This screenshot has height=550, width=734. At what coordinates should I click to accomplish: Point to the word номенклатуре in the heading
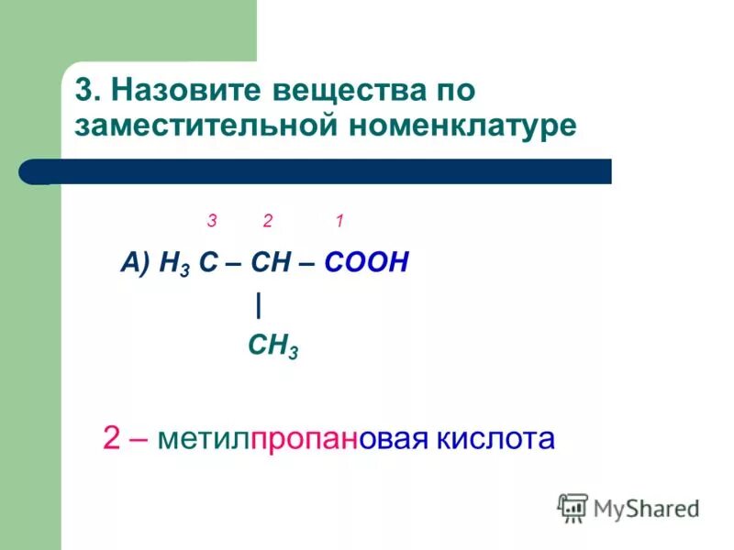[x=462, y=126]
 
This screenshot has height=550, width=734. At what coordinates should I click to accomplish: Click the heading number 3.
[x=84, y=93]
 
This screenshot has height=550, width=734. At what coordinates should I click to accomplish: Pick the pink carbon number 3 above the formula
[x=211, y=221]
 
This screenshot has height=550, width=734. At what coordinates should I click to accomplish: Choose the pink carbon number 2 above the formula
[x=268, y=221]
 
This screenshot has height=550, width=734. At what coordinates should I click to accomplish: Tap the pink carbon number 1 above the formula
[x=339, y=221]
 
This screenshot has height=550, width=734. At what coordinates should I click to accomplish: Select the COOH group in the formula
[x=365, y=265]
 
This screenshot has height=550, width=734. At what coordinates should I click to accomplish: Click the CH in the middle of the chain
[x=272, y=265]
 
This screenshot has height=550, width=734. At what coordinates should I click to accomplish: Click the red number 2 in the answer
[x=111, y=439]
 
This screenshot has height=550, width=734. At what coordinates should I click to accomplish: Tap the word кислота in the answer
[x=499, y=439]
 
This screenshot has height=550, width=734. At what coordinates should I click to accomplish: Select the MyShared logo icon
[x=573, y=507]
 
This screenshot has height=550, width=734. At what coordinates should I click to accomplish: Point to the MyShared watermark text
[x=646, y=508]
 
